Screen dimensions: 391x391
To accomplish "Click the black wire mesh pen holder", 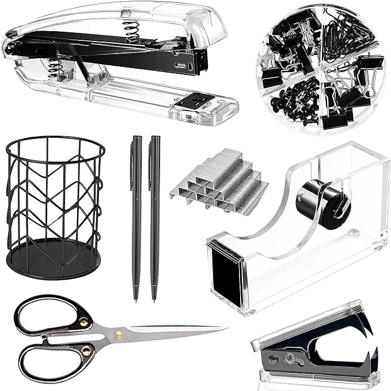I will click(x=47, y=196).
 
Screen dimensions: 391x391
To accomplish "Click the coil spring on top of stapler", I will click(x=132, y=32).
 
